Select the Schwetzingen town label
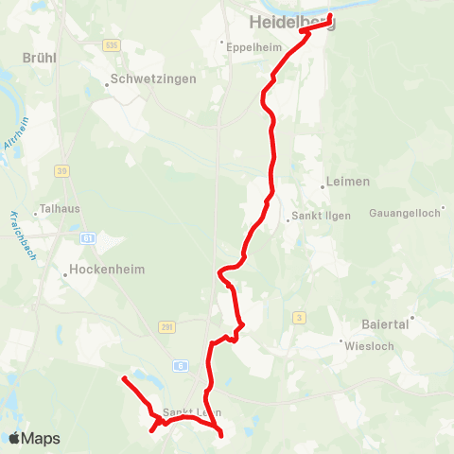(152, 79)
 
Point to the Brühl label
(39, 58)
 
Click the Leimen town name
(346, 181)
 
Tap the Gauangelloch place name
(405, 213)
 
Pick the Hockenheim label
(107, 270)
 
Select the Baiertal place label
(384, 323)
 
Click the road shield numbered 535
(113, 44)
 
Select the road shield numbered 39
(62, 170)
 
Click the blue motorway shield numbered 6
(181, 364)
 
